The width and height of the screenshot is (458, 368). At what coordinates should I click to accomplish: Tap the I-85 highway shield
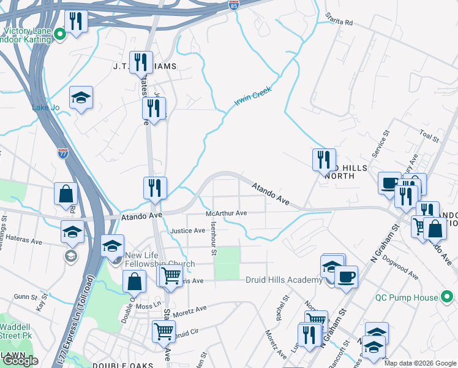click(234, 5)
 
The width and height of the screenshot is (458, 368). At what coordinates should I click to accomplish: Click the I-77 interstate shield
click(63, 153)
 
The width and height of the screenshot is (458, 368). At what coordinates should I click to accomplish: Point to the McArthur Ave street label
click(226, 213)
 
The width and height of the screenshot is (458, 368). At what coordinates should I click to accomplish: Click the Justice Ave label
click(187, 231)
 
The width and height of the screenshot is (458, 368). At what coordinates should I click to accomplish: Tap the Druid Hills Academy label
click(283, 280)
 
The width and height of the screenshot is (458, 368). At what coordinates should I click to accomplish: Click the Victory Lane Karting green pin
click(60, 34)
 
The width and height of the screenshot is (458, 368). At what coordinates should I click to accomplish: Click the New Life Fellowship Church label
click(159, 260)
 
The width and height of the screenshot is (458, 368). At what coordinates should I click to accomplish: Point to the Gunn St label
click(26, 297)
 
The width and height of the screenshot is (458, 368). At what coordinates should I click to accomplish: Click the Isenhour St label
click(214, 240)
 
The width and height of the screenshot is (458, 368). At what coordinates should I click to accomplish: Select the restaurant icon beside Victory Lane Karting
click(76, 21)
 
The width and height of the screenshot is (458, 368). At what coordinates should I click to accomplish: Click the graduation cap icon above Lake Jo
click(81, 98)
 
